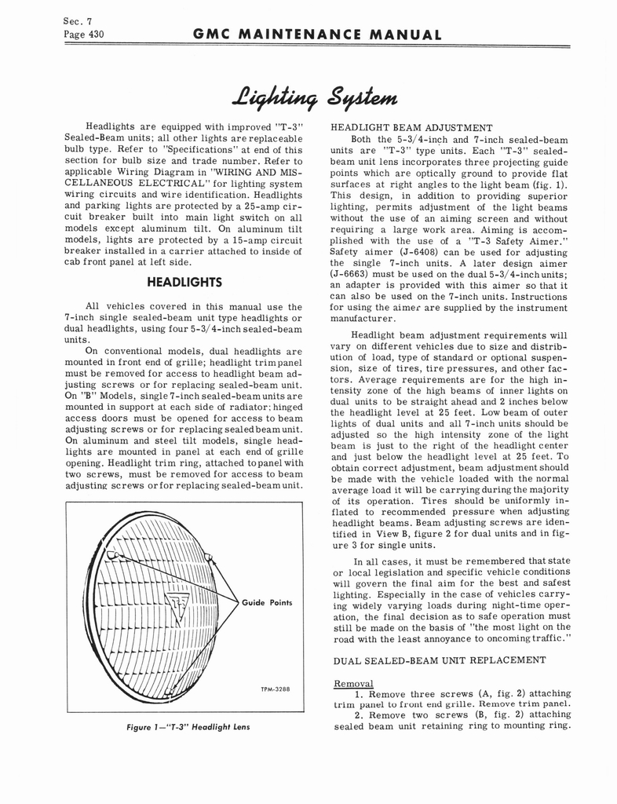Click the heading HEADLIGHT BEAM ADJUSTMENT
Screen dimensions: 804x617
411,127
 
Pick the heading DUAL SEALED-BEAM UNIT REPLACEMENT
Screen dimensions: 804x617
440,660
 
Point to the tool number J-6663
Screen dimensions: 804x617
349,274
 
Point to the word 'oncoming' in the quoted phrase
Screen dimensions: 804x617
515,638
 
